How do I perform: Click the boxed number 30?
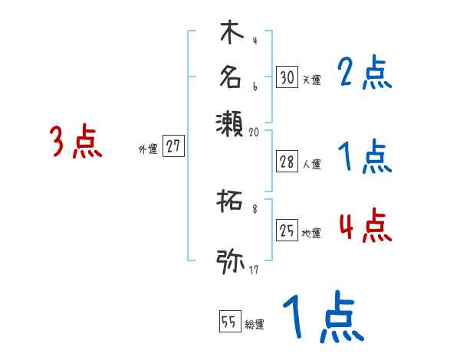click(287, 77)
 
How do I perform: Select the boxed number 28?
click(287, 162)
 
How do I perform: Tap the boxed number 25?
click(287, 231)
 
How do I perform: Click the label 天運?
click(311, 80)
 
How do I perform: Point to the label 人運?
click(311, 164)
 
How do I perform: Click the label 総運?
click(254, 325)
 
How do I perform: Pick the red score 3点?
click(77, 143)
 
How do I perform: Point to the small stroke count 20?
click(255, 132)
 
